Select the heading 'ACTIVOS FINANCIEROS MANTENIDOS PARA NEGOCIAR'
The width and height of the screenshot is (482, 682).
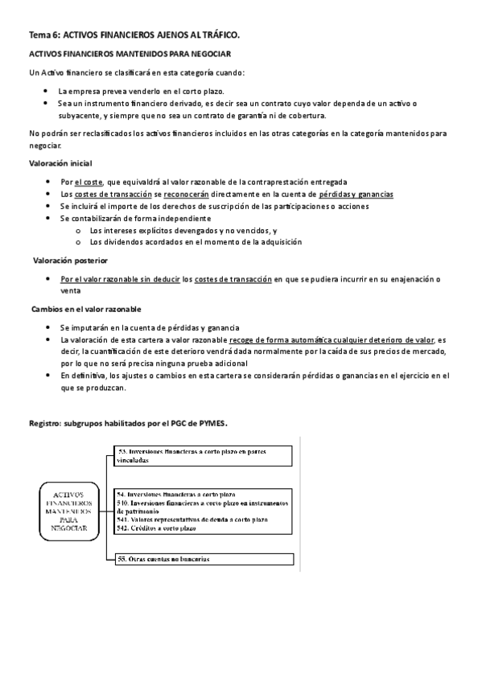click(x=130, y=53)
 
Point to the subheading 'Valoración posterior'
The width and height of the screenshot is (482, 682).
click(x=70, y=261)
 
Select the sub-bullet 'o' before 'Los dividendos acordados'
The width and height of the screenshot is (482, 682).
click(x=77, y=242)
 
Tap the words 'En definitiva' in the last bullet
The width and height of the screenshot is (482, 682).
click(x=84, y=375)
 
